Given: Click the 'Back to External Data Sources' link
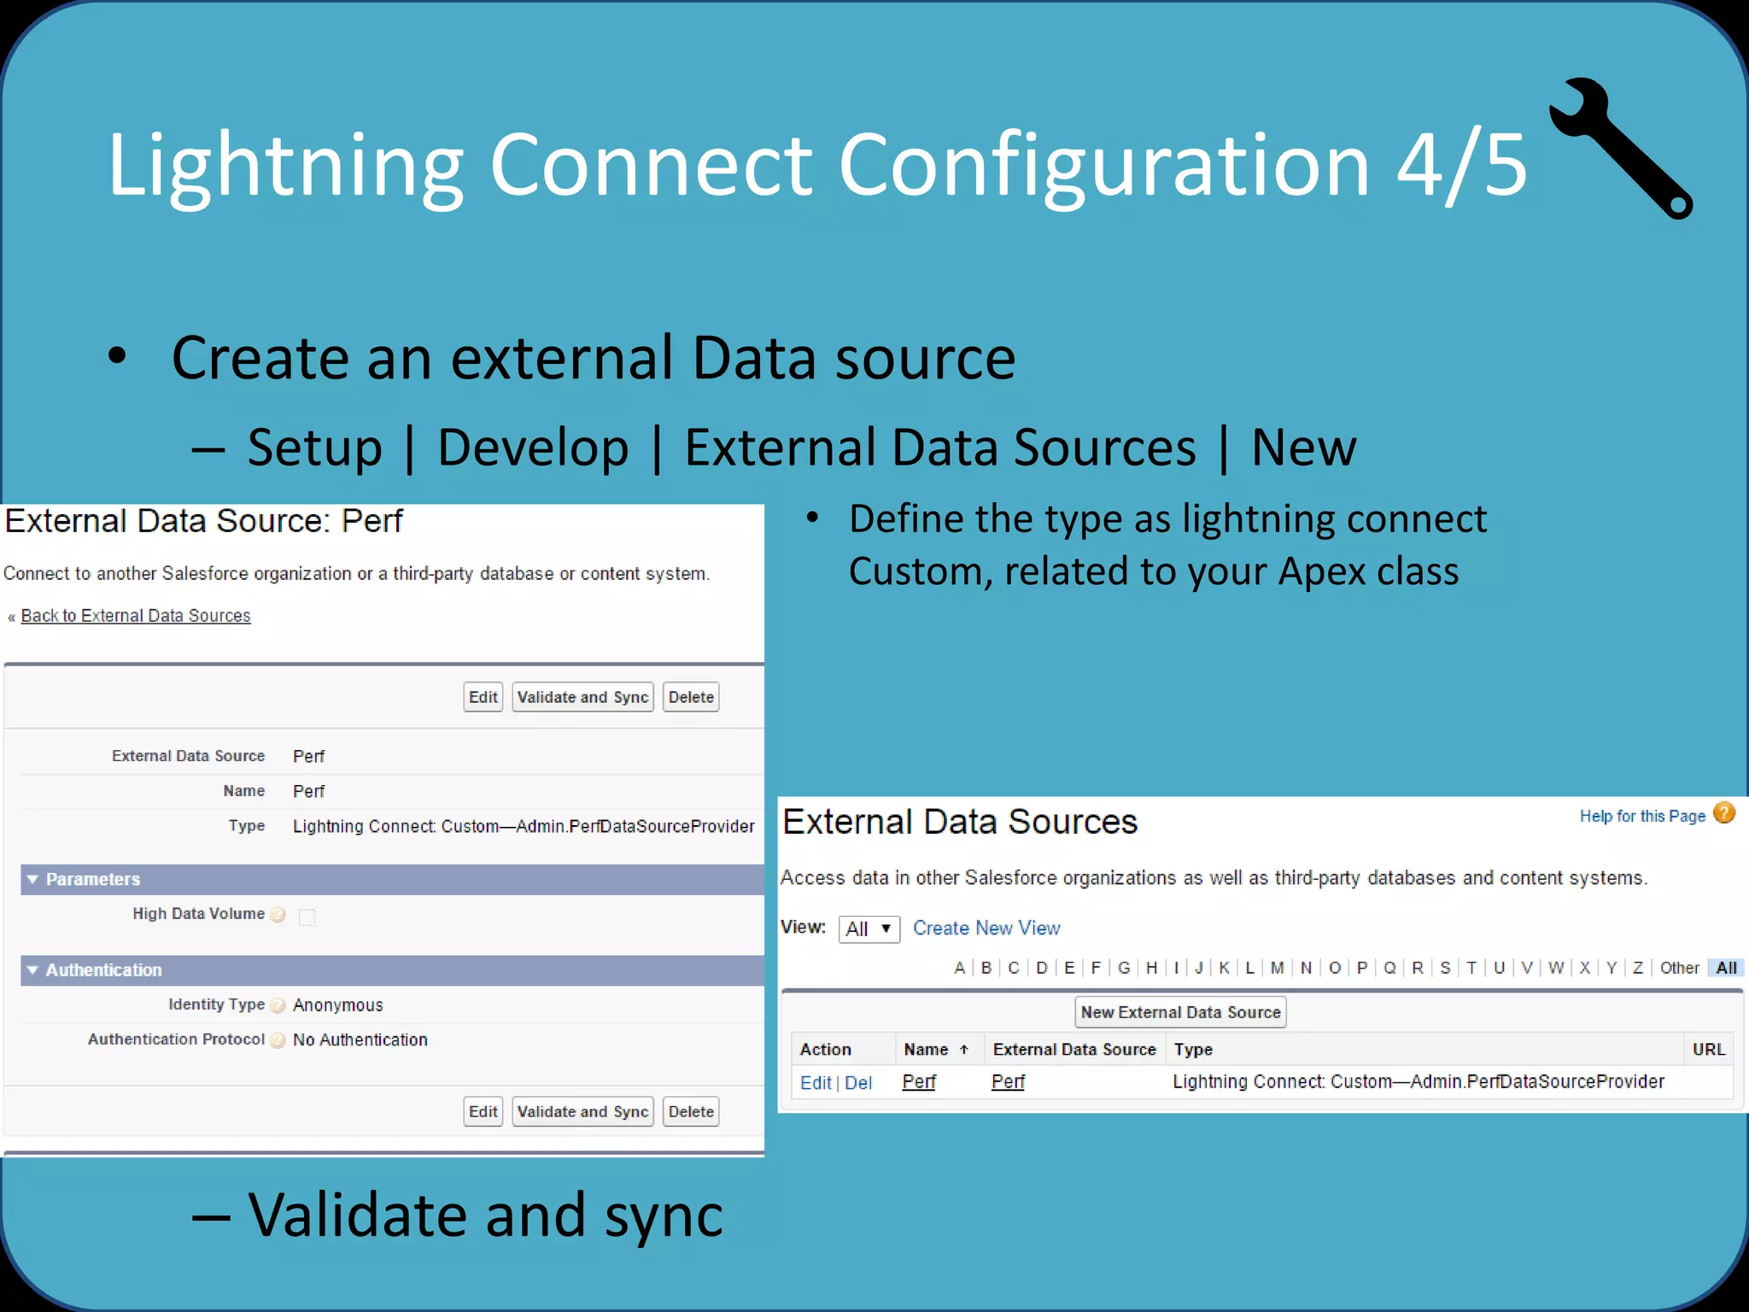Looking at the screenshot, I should coord(135,616).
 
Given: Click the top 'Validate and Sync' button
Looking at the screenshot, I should coord(582,697).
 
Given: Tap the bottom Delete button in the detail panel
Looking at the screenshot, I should coord(691,1111).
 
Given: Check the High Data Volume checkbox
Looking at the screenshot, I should coord(307,917).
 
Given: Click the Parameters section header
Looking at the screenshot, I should coord(92,879).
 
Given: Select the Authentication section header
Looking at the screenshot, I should coord(103,969).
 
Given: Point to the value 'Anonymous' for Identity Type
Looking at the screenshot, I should coord(337,1005).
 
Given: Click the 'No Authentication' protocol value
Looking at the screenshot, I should coord(360,1040).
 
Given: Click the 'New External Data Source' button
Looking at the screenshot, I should coord(1180,1012).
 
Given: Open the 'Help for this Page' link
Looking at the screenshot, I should coord(1641,816).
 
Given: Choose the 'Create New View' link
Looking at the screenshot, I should coord(986,928).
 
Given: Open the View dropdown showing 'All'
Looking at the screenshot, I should coord(869,928).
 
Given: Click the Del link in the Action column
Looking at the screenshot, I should coord(858,1082).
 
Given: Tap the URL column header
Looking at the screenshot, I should coord(1708,1049).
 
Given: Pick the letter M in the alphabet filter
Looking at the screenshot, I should coord(1277,968).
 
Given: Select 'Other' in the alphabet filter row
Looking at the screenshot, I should coord(1679,968).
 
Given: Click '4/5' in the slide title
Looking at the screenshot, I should coord(1461,165).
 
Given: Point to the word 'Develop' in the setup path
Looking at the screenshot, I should coord(533,448).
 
